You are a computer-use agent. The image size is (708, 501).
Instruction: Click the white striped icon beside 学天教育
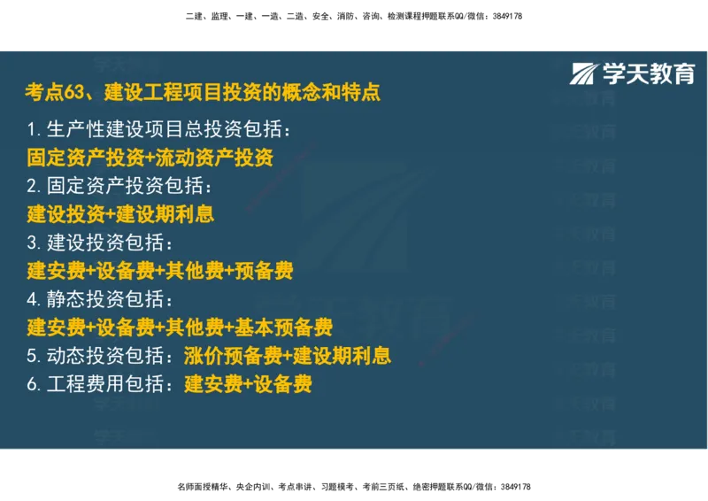point(584,74)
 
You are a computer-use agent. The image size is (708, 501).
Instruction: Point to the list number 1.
point(31,130)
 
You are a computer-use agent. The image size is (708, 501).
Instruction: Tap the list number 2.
point(32,186)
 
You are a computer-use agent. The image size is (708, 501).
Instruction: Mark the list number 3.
point(32,243)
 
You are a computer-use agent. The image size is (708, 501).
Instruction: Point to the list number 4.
point(32,299)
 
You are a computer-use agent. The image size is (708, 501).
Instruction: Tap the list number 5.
point(32,356)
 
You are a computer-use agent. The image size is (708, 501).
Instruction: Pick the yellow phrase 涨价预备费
point(233,356)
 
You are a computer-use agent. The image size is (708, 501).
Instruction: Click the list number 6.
point(32,384)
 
